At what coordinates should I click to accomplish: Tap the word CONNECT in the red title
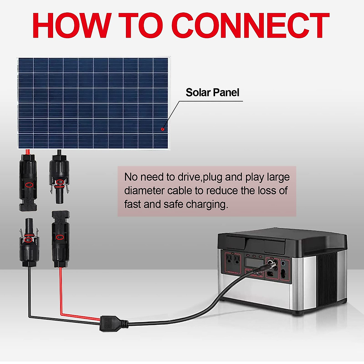(x=252, y=26)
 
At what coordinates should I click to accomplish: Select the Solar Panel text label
(x=212, y=93)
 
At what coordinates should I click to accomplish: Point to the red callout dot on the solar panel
(x=163, y=129)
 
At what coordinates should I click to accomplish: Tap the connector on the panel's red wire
(x=28, y=182)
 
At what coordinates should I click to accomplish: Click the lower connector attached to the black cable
(x=29, y=243)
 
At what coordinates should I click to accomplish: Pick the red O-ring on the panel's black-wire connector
(x=60, y=182)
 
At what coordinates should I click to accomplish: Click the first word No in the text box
(x=131, y=177)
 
